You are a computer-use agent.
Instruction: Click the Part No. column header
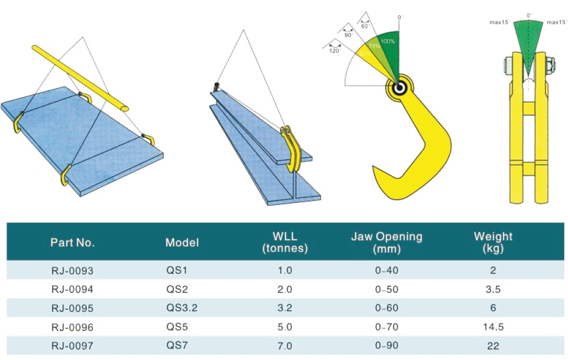[72, 243]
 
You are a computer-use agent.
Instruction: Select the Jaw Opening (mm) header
[386, 243]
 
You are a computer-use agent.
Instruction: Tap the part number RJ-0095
[72, 308]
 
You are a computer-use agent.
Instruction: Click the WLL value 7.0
[285, 346]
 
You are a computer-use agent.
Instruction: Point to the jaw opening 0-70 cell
[386, 327]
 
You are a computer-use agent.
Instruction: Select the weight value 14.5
[493, 327]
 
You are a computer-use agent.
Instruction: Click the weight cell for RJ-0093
[493, 270]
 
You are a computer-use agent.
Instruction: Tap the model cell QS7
[177, 345]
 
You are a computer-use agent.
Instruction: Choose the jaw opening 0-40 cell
[386, 270]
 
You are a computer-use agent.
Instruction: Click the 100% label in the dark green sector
[388, 41]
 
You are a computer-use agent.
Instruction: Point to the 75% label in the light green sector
[374, 46]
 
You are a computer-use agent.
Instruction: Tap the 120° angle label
[335, 50]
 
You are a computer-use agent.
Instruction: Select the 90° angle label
[349, 34]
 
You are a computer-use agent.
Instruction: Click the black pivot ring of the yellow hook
[400, 87]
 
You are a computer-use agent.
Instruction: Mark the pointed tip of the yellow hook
[375, 167]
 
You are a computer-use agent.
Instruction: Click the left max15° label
[499, 22]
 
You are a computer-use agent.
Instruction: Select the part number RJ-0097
[72, 346]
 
